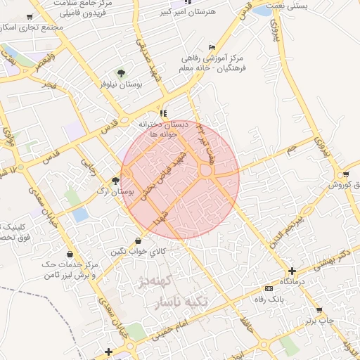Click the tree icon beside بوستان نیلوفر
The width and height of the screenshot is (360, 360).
(121, 72)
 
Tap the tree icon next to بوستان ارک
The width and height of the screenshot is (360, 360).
(115, 181)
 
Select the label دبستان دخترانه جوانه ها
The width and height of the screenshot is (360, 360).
(165, 129)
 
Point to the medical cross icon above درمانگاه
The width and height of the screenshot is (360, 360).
(292, 271)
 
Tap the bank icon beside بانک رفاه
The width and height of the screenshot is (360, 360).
(267, 288)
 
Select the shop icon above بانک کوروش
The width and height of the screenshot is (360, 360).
(345, 174)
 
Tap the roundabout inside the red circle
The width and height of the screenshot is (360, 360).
(206, 169)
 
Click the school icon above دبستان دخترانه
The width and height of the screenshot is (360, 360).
(164, 112)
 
